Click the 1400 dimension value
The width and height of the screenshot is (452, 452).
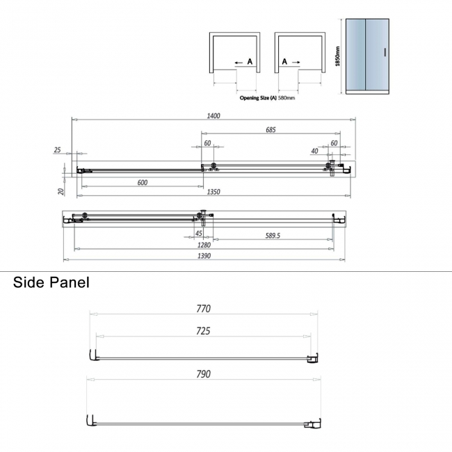[x=213, y=116]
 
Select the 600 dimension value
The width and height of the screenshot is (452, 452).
[x=142, y=183]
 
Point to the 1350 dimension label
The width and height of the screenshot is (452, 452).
[x=213, y=192]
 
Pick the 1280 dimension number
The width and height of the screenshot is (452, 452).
[x=203, y=245]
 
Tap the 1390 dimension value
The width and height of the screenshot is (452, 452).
[x=203, y=256]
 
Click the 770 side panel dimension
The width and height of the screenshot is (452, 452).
[x=203, y=308]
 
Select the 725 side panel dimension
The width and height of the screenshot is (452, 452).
[x=203, y=331]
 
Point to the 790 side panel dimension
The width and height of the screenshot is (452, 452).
[x=203, y=373]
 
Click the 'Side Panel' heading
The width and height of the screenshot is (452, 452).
[x=51, y=283]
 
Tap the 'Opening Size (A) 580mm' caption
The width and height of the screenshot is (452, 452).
[x=268, y=98]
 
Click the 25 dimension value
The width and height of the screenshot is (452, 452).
[x=56, y=150]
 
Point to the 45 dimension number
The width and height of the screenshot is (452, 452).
[x=200, y=234]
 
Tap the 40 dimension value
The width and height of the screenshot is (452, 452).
[x=314, y=151]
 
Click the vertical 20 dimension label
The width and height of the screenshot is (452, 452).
[x=61, y=191]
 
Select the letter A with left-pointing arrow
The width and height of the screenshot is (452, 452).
[x=244, y=63]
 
